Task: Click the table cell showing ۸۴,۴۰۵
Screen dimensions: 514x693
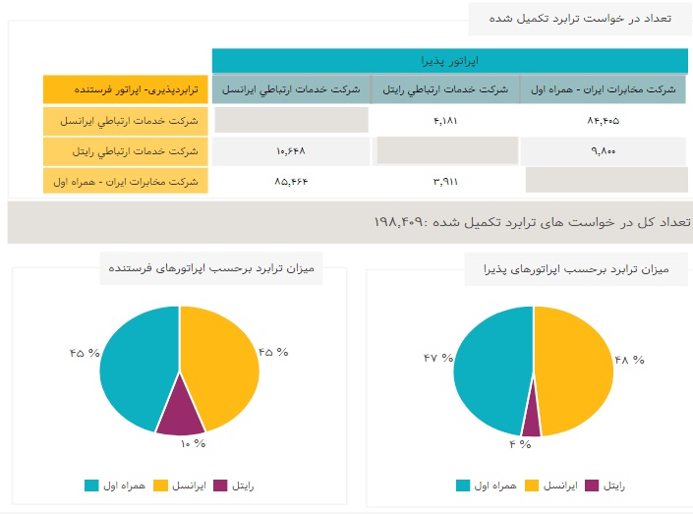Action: pos(602,121)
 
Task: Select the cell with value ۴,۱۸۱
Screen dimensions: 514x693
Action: pos(444,121)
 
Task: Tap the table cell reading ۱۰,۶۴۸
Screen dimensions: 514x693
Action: pos(290,151)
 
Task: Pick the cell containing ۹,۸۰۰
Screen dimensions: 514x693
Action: pos(602,151)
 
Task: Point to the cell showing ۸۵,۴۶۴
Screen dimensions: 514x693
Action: pos(290,182)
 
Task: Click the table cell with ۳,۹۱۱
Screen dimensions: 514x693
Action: pos(444,182)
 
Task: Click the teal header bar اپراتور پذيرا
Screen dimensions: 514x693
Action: pos(448,61)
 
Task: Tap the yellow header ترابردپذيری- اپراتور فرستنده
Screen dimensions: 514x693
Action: pos(125,89)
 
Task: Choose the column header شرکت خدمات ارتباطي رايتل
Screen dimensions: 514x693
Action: pos(444,89)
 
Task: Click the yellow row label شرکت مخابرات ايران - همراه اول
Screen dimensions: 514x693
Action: pos(125,182)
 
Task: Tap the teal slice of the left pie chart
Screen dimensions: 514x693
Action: pos(138,364)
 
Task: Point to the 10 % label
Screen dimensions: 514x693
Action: pos(193,443)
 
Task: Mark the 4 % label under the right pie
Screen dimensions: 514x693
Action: pos(519,444)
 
